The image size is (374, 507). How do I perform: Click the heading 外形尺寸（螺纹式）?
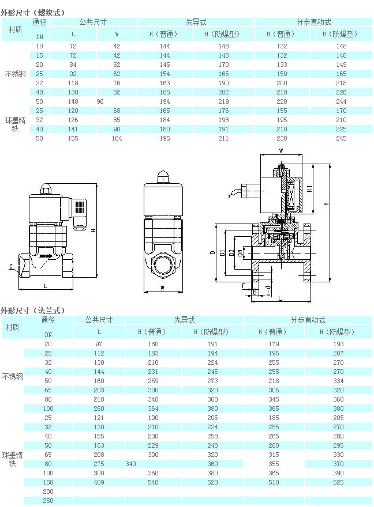33,13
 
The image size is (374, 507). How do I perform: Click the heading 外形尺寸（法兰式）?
33,311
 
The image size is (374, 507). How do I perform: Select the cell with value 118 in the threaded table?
73,83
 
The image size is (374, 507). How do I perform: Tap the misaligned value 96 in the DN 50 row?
100,101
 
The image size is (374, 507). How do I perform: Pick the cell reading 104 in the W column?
117,138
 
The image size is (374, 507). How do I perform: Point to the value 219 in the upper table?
223,101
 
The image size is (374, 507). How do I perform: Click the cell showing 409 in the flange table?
99,482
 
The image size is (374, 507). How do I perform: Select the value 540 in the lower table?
153,482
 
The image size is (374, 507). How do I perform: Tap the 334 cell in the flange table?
338,381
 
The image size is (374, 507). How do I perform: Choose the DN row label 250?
48,501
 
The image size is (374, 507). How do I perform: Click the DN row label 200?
48,491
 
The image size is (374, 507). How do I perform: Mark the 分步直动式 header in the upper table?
313,22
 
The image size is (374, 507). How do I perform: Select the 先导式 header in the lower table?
184,320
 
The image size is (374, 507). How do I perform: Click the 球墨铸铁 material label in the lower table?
12,459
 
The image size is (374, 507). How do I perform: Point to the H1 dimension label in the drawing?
309,189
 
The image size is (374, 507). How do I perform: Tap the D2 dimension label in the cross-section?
231,252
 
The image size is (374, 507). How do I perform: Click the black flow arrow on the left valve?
46,256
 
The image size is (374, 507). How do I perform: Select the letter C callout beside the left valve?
11,266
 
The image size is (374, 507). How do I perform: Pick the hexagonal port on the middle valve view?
163,266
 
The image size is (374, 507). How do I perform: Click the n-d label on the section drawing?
268,291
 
